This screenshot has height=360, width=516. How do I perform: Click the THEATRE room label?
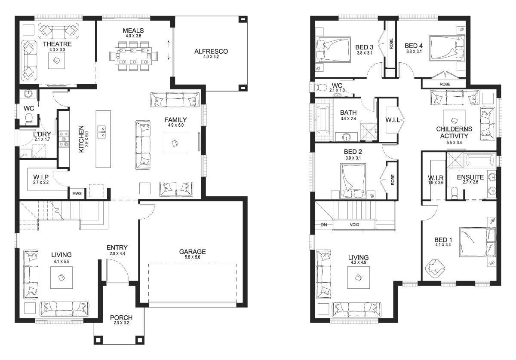pos(57,44)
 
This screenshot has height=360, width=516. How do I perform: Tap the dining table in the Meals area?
pos(133,56)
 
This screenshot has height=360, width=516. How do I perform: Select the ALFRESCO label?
pos(211,51)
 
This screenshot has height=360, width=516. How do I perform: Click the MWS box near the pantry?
pos(77,194)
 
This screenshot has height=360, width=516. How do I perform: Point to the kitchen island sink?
pos(101,132)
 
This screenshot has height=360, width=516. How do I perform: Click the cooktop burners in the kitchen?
pos(64,139)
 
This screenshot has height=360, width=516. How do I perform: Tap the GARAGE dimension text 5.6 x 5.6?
pos(192,257)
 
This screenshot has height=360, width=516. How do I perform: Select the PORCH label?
pos(121,317)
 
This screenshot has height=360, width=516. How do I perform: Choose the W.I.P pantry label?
pos(41,177)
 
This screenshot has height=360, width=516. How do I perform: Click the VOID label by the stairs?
pos(354,225)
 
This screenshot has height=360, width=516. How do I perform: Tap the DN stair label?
pos(324,225)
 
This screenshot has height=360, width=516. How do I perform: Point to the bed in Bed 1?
pos(478,242)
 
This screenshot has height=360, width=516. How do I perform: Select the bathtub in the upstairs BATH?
pos(322,120)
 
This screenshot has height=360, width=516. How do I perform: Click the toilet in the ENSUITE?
pos(455,192)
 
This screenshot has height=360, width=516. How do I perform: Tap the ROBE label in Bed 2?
pos(393,180)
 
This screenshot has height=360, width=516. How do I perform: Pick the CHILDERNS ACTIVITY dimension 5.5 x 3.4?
pos(454,143)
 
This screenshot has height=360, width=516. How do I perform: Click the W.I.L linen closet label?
pos(392,120)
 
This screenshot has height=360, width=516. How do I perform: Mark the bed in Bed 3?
pos(333,49)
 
